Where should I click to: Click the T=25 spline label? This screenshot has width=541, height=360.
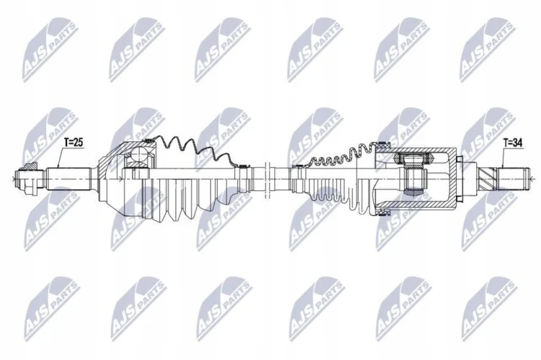74,142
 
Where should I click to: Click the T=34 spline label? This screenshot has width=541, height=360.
513,142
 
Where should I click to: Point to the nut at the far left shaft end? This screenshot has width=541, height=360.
27,179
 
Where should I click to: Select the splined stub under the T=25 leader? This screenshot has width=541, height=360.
69,179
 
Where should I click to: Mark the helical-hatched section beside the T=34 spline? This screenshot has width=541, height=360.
488,179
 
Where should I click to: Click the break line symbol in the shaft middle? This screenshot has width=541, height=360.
266,180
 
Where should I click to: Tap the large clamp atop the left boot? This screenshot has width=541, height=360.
148,140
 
